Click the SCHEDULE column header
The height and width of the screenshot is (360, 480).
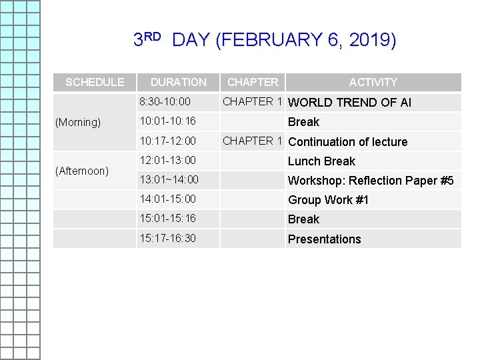(95, 82)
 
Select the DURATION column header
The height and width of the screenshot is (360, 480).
(178, 82)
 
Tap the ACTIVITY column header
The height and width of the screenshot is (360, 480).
(373, 82)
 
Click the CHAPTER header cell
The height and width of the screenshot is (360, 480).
(253, 82)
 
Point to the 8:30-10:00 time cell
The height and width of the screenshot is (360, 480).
(165, 102)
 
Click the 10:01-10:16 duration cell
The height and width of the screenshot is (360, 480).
(167, 121)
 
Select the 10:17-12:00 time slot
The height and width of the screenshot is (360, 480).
(167, 141)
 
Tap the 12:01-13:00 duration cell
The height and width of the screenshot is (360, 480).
(167, 161)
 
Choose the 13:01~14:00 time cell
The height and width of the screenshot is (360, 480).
(169, 180)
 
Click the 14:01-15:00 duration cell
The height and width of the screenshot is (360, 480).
(167, 199)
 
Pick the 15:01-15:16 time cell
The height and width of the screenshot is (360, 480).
(167, 219)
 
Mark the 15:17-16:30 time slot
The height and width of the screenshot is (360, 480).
(167, 239)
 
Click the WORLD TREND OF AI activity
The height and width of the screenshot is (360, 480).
(349, 103)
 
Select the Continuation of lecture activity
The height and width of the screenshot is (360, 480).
(347, 142)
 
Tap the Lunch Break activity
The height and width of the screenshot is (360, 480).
(321, 161)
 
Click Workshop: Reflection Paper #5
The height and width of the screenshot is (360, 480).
(371, 181)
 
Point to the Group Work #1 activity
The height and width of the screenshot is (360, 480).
(328, 200)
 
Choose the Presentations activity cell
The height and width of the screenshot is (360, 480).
(324, 239)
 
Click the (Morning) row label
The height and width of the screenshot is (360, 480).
(78, 123)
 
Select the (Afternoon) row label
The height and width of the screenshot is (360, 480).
(82, 171)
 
